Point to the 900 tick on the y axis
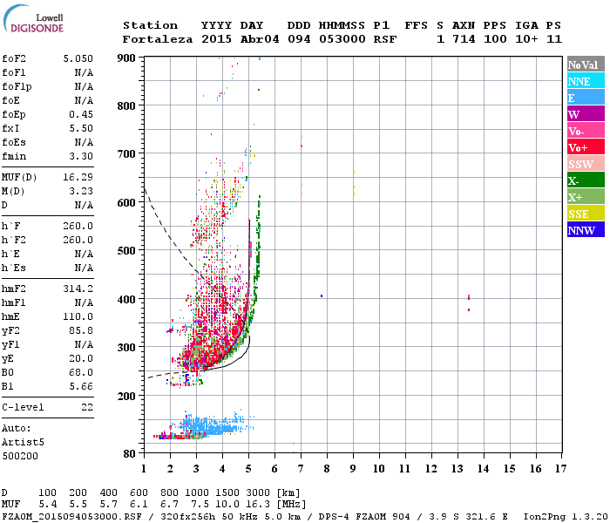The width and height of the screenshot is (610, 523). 127,58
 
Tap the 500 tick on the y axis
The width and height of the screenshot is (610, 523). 127,251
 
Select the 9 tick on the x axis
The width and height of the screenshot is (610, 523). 353,468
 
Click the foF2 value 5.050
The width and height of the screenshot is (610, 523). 78,58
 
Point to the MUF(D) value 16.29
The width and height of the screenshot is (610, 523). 78,177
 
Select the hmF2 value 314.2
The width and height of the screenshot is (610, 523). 78,288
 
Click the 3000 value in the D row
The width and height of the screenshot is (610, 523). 258,492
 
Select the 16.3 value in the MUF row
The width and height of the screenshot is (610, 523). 258,504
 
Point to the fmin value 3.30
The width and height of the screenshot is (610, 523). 81,156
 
